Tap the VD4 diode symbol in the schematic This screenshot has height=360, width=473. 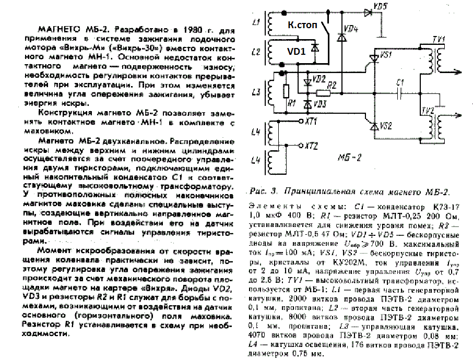click(342, 37)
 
